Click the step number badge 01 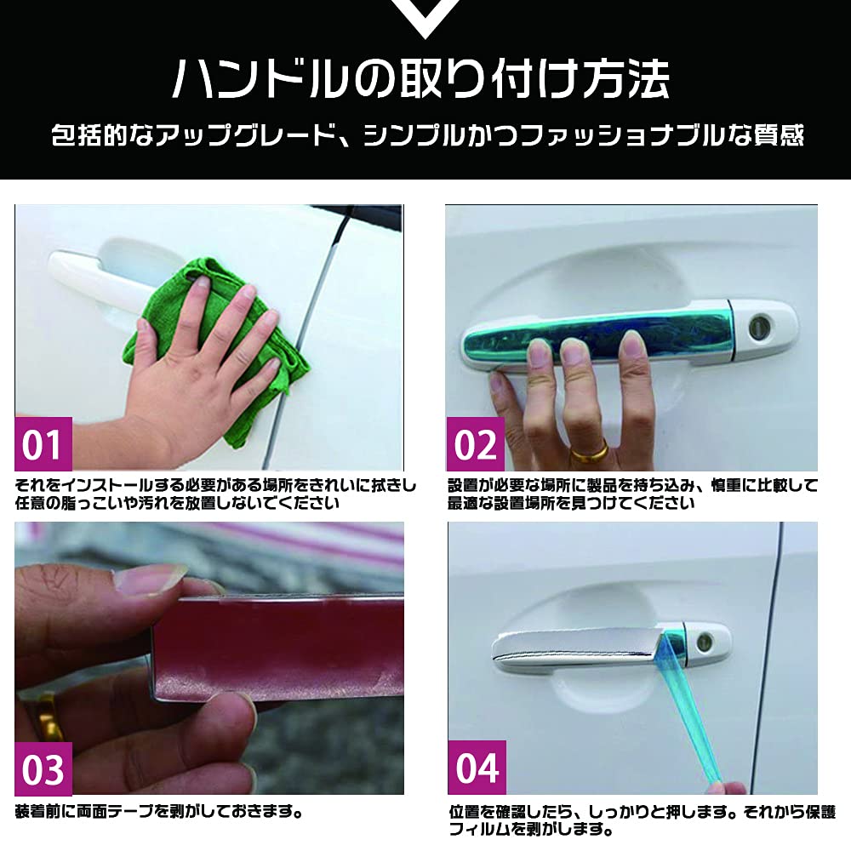43,444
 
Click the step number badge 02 475,444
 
